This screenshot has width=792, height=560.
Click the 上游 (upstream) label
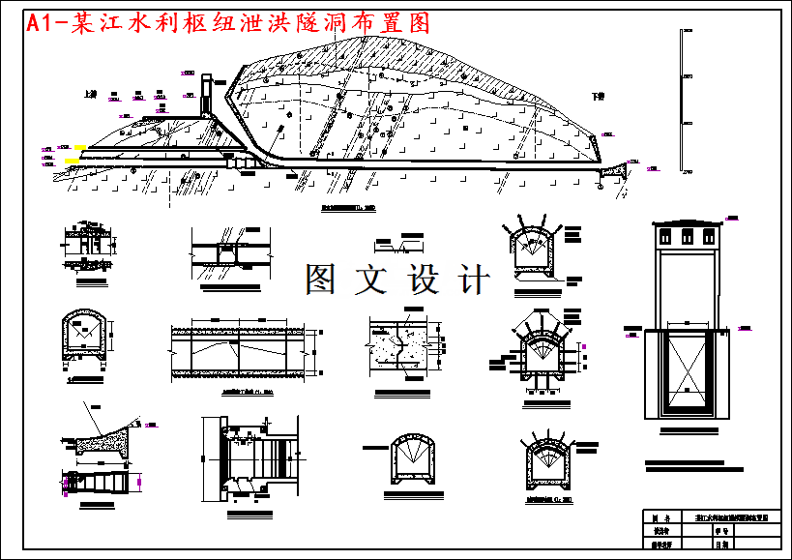[90, 95]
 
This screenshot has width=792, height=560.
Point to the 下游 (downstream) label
[598, 96]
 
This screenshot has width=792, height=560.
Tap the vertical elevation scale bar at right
[685, 102]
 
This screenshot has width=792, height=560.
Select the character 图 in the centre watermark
[321, 280]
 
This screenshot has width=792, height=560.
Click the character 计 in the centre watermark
[475, 280]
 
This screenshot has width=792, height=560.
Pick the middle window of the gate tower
[688, 237]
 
